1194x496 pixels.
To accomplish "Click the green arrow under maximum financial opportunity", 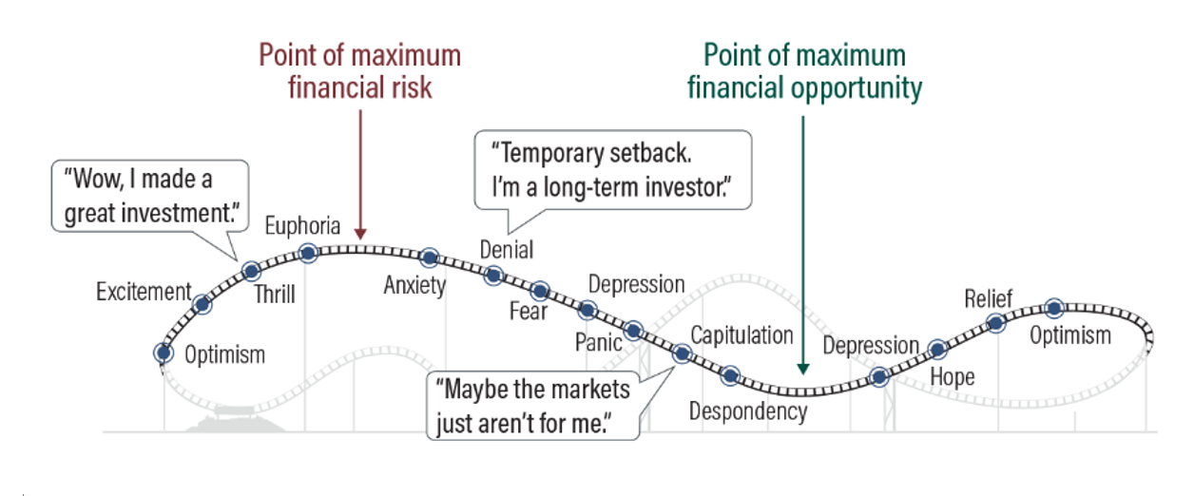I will (804, 247).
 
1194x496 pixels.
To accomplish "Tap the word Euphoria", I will (302, 226).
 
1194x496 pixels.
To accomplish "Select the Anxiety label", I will (414, 284).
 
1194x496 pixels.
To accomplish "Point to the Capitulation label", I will (741, 334).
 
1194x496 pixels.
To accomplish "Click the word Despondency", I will (748, 411).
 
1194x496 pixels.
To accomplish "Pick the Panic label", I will (599, 341).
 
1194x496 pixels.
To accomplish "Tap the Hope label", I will (953, 377).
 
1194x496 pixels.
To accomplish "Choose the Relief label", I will (989, 299).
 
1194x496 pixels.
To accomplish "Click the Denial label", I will (507, 250).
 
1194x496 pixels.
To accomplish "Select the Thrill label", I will (275, 294).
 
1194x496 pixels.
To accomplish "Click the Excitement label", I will (144, 292).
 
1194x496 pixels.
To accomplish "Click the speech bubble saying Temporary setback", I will (612, 168).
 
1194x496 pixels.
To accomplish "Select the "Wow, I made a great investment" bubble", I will (149, 196).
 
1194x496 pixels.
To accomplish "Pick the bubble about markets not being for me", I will (532, 405).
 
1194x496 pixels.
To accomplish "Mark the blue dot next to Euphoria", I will (308, 253).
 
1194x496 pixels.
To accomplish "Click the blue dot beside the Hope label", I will (937, 350).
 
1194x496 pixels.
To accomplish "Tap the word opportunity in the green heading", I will (857, 88).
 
